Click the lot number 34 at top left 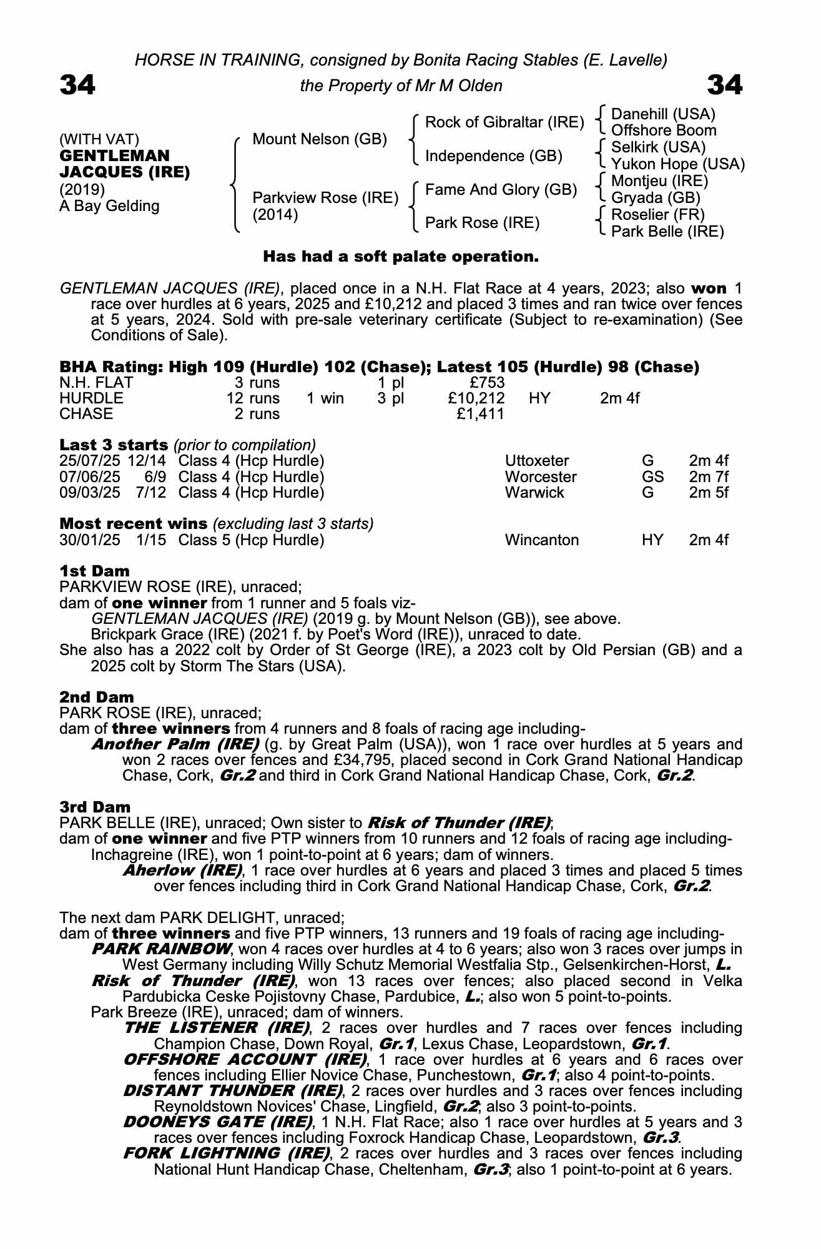point(77,85)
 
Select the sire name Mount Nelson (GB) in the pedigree point(320,139)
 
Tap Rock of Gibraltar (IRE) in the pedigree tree point(504,122)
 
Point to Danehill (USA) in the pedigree point(663,114)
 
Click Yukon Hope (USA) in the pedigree point(677,164)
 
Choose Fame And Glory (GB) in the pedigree point(501,190)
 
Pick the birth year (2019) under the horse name point(82,189)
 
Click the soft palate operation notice point(400,257)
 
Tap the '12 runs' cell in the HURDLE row point(253,398)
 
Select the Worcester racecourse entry point(541,477)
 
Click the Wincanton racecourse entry point(541,540)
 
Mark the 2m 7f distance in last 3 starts point(709,477)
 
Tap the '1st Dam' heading point(94,571)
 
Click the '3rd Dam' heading point(95,807)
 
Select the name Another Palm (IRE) point(175,744)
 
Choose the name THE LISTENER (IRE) point(217,1028)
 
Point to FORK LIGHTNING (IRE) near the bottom point(226,1153)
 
